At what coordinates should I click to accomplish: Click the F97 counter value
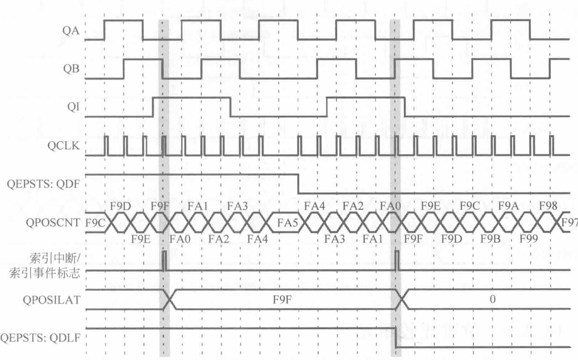coord(570,222)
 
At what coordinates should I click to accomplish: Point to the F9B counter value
coord(489,239)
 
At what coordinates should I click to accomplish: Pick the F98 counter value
coord(547,206)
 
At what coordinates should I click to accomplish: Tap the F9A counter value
coord(508,206)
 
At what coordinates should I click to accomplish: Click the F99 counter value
coord(528,239)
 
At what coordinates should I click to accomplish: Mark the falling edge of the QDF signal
coord(298,184)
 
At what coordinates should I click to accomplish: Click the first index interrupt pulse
coord(164,261)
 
